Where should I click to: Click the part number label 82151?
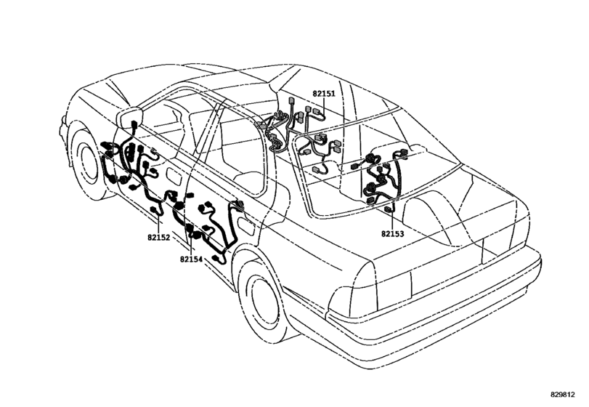pyautogui.click(x=323, y=94)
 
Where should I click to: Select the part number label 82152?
pyautogui.click(x=158, y=238)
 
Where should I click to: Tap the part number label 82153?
pyautogui.click(x=392, y=234)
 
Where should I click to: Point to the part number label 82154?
pyautogui.click(x=191, y=259)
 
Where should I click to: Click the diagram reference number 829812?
pyautogui.click(x=563, y=395)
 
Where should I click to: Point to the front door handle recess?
pyautogui.click(x=174, y=175)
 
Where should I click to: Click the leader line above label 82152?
pyautogui.click(x=158, y=225)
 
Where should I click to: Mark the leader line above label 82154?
pyautogui.click(x=191, y=246)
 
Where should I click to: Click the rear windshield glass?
pyautogui.click(x=379, y=166)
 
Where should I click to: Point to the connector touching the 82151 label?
pyautogui.click(x=318, y=112)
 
